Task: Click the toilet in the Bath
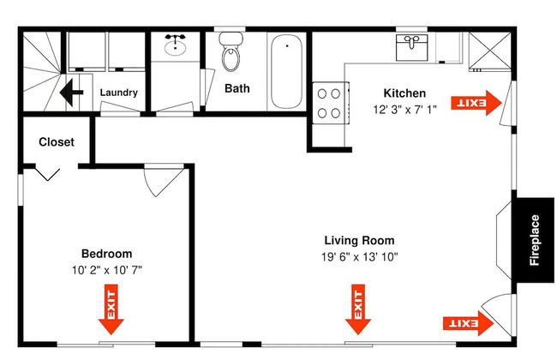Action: [231, 51]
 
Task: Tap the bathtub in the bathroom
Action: [287, 71]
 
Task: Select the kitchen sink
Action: [411, 47]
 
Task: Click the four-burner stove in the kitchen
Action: [330, 103]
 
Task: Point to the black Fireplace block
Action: [535, 240]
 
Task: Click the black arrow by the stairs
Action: [71, 93]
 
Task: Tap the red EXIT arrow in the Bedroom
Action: [111, 309]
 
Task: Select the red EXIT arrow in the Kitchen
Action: [476, 103]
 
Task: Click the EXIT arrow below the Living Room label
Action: [358, 309]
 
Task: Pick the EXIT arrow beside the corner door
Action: [468, 323]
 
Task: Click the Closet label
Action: [57, 142]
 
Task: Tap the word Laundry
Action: [118, 93]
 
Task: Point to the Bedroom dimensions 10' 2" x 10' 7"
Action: [107, 270]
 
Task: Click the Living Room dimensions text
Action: [360, 256]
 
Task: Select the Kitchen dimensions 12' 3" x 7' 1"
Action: [404, 110]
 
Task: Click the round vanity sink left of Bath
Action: [175, 46]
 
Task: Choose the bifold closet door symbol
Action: [47, 174]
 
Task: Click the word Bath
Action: [237, 88]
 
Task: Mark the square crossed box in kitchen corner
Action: [490, 50]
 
